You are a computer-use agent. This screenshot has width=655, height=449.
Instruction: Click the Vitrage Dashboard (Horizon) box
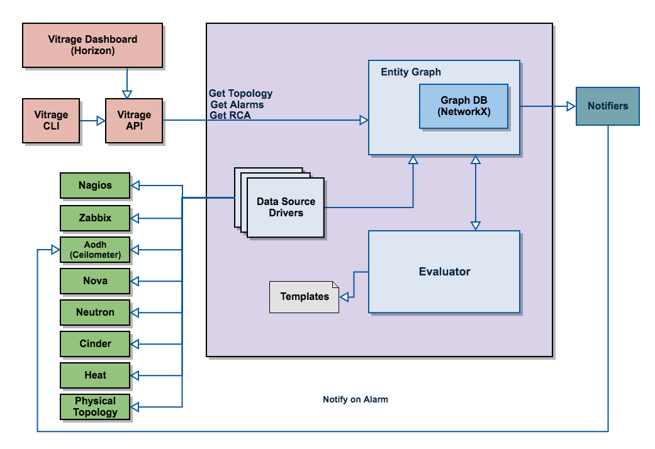(92, 45)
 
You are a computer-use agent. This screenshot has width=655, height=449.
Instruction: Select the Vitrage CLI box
(51, 121)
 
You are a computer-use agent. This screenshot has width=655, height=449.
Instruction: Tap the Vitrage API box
(134, 121)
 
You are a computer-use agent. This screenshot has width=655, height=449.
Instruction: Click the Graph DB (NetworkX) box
(464, 106)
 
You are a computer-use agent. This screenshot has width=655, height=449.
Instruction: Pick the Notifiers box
(608, 106)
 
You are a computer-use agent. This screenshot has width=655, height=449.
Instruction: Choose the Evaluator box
(444, 272)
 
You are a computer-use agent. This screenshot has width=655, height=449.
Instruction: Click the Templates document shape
(304, 297)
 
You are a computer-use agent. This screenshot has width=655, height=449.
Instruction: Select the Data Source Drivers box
(286, 208)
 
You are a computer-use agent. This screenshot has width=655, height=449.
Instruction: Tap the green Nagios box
(95, 186)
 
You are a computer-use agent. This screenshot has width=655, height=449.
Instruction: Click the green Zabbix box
(95, 218)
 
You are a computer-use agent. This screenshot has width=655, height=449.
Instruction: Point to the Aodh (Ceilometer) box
(95, 250)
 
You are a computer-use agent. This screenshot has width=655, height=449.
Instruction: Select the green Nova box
(95, 281)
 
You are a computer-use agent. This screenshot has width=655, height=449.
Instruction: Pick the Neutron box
(95, 313)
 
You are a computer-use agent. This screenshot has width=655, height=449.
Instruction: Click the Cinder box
(95, 344)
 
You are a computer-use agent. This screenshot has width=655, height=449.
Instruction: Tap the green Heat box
(95, 375)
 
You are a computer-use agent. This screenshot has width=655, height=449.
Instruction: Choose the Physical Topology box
(95, 407)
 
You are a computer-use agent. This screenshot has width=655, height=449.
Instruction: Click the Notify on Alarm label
(355, 399)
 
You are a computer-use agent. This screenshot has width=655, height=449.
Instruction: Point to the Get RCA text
(230, 115)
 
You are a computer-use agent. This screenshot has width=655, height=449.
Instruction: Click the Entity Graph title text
(411, 72)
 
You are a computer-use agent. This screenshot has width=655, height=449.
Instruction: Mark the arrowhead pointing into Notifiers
(571, 106)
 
